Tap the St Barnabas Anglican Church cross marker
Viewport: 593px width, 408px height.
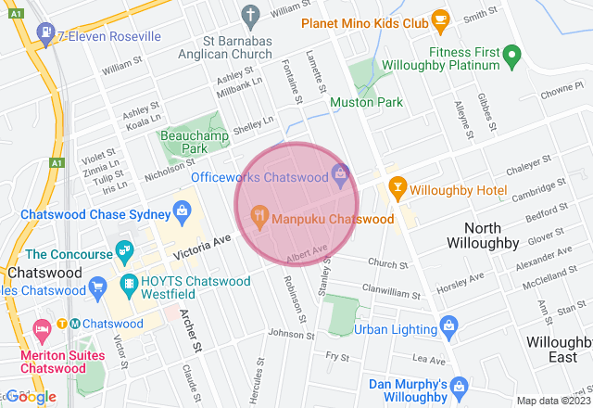coord(249,15)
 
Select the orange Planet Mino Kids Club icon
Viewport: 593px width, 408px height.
coord(440,19)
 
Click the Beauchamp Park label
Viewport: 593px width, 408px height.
coord(183,141)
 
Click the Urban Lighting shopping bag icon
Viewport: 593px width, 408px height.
coord(448,327)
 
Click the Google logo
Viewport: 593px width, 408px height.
coord(31,397)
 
